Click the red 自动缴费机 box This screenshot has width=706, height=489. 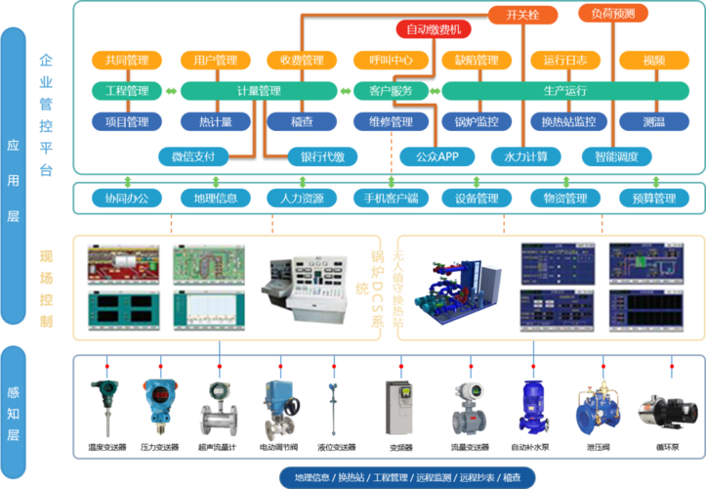click(434, 29)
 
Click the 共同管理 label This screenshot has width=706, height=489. click(127, 61)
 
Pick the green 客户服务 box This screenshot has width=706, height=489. click(390, 91)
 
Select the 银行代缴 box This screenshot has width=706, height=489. click(323, 156)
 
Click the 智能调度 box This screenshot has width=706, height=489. click(615, 156)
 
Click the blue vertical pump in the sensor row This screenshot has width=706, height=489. click(533, 405)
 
